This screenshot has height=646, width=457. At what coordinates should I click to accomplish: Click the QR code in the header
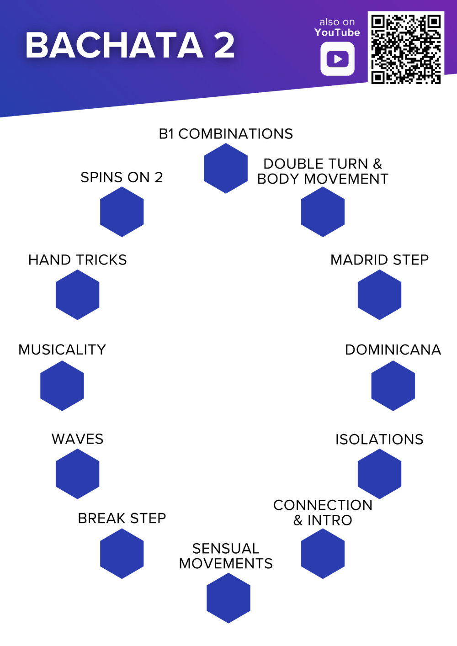[x=406, y=49]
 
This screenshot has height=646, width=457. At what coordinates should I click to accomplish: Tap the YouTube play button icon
[x=337, y=59]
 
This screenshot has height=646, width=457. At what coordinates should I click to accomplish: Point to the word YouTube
[x=337, y=32]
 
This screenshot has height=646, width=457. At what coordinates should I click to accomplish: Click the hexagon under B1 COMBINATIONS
[x=226, y=169]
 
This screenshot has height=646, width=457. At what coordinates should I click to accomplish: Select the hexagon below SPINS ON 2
[x=122, y=212]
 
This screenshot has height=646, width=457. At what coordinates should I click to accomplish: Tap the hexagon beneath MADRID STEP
[x=379, y=295]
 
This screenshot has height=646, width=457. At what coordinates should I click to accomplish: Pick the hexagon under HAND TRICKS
[x=77, y=295]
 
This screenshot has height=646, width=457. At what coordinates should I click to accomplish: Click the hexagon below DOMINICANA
[x=393, y=386]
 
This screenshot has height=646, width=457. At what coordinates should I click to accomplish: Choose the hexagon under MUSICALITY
[x=62, y=386]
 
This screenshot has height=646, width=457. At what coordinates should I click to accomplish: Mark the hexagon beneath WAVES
[x=77, y=474]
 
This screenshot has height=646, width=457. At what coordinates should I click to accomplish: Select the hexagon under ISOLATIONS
[x=379, y=474]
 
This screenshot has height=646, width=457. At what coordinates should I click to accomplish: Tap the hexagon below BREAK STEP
[x=122, y=553]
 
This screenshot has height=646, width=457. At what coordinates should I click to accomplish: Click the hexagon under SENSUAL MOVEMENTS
[x=228, y=598]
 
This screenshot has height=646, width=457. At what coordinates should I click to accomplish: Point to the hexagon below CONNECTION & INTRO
[x=323, y=553]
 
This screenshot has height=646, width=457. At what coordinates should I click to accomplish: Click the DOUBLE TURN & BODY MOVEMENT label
[x=323, y=171]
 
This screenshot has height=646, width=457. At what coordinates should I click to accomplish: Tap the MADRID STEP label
[x=379, y=260]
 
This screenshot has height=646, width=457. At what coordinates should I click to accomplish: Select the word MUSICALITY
[x=62, y=350]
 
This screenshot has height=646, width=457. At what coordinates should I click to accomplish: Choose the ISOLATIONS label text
[x=379, y=439]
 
